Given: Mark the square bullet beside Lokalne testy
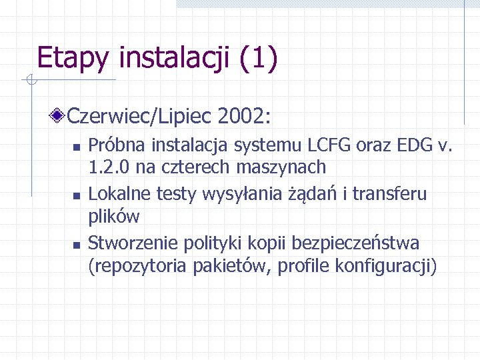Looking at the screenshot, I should click(77, 196).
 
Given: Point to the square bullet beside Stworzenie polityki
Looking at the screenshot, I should click(77, 245).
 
